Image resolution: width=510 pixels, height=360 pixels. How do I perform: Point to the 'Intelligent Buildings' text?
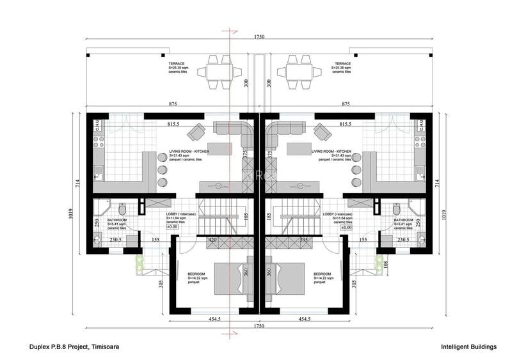[468, 347]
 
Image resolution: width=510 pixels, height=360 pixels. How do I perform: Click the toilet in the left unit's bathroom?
[122, 210]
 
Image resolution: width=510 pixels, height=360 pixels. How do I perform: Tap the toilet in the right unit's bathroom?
[396, 210]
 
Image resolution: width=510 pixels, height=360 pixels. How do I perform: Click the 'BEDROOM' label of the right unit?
[323, 274]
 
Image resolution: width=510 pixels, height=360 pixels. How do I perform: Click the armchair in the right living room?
[323, 132]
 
